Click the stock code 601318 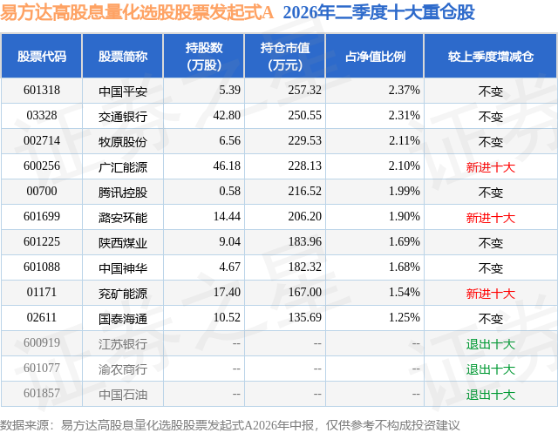tap(42, 91)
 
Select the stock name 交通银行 tap(123, 116)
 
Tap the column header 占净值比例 tap(375, 56)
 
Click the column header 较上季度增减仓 tap(491, 56)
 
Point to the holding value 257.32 tap(304, 91)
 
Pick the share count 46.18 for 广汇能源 tap(227, 166)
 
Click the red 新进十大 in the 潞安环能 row tap(491, 217)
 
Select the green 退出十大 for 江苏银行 tap(491, 343)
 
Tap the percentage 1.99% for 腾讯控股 tap(405, 192)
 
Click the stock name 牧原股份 tap(123, 141)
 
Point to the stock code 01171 tap(42, 292)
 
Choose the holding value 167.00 tap(304, 292)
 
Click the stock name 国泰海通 tap(123, 318)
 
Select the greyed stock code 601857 tap(42, 393)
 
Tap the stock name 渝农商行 tap(123, 369)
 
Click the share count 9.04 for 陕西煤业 tap(229, 241)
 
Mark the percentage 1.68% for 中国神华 tap(405, 267)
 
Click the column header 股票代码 tap(42, 56)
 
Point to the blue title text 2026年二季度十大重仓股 tap(379, 12)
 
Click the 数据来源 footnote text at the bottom tap(230, 425)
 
